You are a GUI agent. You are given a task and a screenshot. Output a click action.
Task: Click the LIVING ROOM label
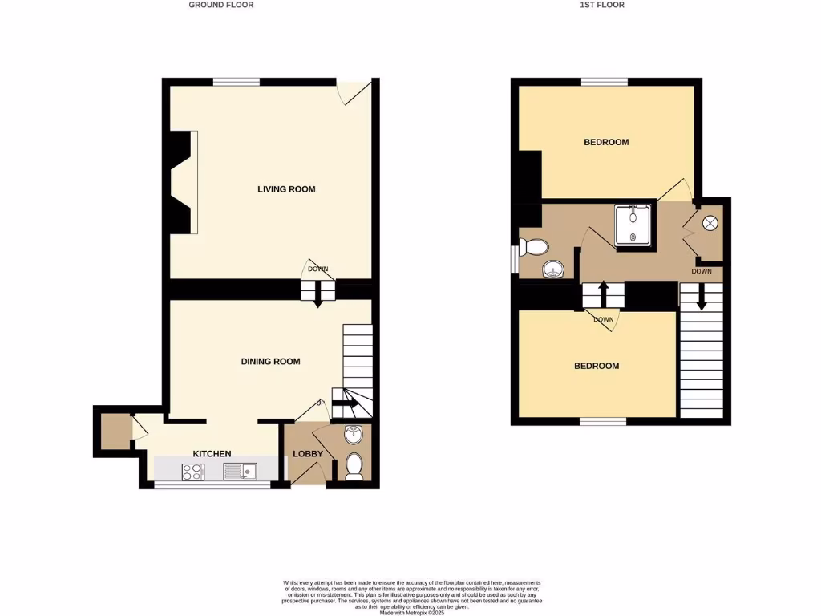coord(286,189)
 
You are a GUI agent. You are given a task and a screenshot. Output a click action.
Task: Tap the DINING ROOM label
coord(270,362)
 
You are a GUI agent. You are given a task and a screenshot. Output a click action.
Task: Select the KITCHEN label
coord(212,454)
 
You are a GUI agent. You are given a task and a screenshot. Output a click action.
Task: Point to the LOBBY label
coord(308,454)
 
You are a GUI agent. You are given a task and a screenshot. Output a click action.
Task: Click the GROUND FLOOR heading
coord(221,5)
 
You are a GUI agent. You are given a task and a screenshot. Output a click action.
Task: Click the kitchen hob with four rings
coord(193,472)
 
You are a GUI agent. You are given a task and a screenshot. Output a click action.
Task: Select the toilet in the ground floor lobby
coord(354,465)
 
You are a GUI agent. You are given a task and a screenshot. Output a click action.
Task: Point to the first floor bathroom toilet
coord(533,245)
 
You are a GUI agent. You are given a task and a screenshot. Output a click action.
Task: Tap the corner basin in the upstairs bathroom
coord(553,269)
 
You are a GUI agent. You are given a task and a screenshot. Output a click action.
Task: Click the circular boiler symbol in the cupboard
coord(710,225)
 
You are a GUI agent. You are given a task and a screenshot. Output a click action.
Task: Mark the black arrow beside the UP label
coord(346,403)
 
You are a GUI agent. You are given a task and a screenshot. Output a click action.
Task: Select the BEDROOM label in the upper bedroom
coord(606,142)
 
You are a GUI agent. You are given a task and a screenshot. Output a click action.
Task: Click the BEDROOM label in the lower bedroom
coord(597,366)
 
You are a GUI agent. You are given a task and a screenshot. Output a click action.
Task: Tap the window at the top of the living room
coord(237,82)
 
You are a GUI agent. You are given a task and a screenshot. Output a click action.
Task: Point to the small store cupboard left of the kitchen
coord(115,432)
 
